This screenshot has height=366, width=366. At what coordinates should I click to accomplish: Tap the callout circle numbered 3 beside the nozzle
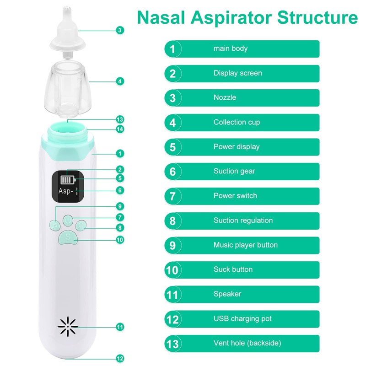pyautogui.click(x=120, y=30)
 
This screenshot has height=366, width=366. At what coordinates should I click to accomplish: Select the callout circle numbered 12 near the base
pyautogui.click(x=120, y=358)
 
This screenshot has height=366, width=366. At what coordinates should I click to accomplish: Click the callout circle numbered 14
pyautogui.click(x=120, y=129)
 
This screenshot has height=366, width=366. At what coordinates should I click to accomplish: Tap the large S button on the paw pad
pyautogui.click(x=68, y=237)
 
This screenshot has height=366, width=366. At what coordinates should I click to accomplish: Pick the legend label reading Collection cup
pyautogui.click(x=237, y=122)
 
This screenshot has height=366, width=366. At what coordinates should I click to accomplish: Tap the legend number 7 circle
pyautogui.click(x=172, y=196)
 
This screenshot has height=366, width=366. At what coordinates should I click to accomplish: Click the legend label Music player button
pyautogui.click(x=245, y=245)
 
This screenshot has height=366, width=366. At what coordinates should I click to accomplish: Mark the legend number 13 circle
pyautogui.click(x=172, y=343)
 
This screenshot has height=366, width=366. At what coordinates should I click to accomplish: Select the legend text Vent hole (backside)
pyautogui.click(x=247, y=343)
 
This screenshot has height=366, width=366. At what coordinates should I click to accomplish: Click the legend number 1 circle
pyautogui.click(x=172, y=48)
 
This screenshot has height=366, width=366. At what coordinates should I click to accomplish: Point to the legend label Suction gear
pyautogui.click(x=234, y=171)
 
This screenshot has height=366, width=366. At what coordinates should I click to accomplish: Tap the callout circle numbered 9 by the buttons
pyautogui.click(x=120, y=206)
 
